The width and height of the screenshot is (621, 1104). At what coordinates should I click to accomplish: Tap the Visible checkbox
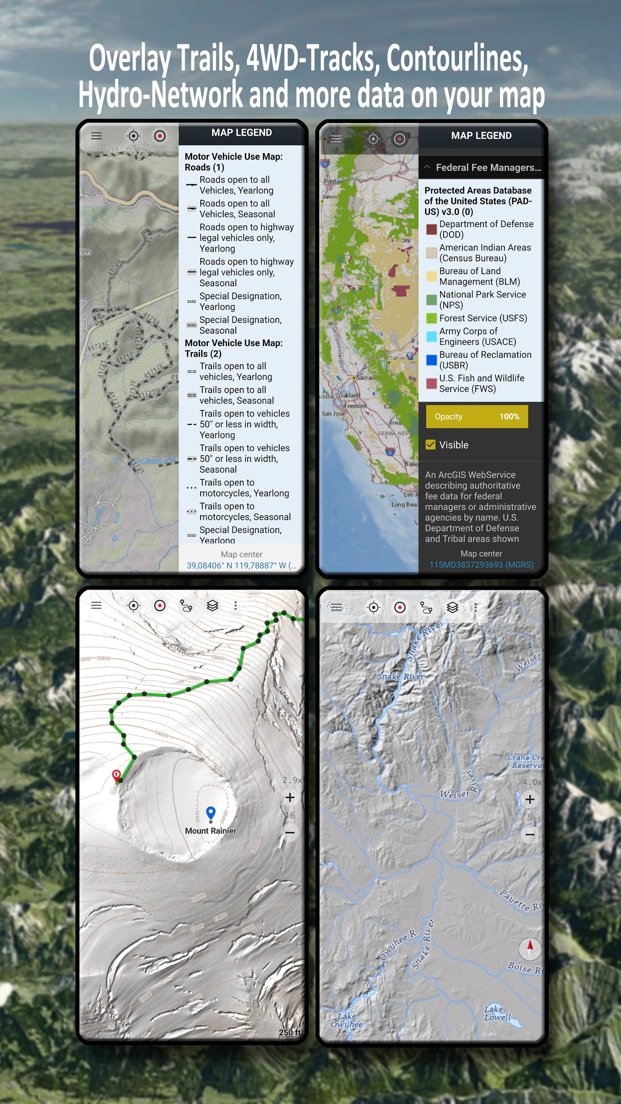click(x=430, y=445)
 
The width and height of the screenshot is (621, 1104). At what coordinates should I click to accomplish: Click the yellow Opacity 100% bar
click(x=476, y=417)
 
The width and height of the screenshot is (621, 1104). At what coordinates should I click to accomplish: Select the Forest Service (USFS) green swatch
click(x=431, y=318)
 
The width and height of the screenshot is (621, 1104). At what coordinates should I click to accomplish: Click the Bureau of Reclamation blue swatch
click(x=431, y=360)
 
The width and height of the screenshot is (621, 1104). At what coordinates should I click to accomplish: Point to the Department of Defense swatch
click(x=431, y=229)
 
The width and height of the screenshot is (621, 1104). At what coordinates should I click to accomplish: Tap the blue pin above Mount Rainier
click(x=210, y=813)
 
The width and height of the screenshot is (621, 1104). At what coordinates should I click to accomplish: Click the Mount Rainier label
click(x=210, y=831)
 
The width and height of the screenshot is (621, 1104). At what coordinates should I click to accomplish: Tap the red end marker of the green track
click(x=116, y=774)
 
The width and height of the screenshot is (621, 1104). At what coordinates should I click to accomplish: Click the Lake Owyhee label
click(x=346, y=1020)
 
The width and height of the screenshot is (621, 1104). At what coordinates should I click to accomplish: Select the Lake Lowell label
click(x=497, y=1013)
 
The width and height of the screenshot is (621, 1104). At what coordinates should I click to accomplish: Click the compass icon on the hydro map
click(x=530, y=948)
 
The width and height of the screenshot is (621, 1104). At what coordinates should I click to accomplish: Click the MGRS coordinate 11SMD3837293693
click(x=481, y=565)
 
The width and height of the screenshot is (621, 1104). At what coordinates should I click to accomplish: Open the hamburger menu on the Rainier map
click(x=96, y=605)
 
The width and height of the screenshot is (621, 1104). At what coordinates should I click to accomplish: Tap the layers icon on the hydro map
click(x=453, y=607)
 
